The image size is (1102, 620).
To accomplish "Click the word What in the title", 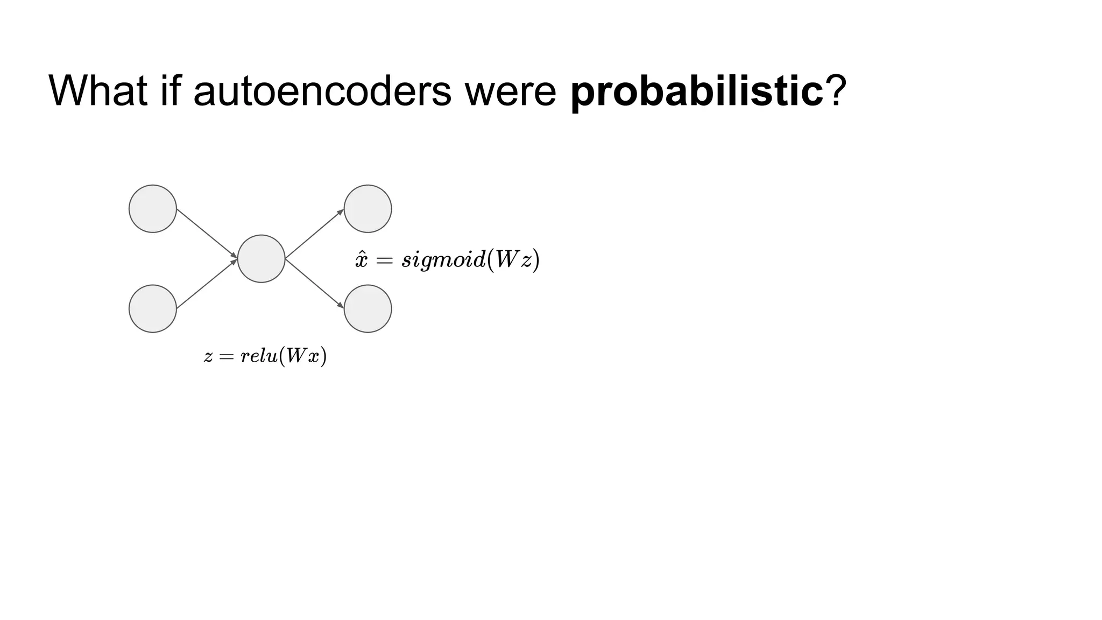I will (x=97, y=91).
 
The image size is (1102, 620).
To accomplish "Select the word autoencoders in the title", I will (x=322, y=91).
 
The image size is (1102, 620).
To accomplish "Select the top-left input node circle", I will (x=153, y=209).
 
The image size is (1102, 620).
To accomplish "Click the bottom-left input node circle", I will (x=153, y=308).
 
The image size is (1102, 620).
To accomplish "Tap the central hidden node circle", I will (x=261, y=258).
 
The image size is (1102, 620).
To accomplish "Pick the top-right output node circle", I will (x=368, y=209).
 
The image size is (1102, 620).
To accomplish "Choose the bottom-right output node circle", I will (x=368, y=308).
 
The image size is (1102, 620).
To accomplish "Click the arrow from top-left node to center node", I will (x=207, y=233).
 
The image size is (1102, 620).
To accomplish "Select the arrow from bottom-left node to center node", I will (x=207, y=284).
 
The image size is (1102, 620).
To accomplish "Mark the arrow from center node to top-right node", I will (x=314, y=234).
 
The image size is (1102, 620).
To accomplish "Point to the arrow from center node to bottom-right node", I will (x=314, y=284).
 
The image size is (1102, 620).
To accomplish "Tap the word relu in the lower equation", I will (x=259, y=356).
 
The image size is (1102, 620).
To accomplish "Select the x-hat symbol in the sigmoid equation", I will (x=361, y=260).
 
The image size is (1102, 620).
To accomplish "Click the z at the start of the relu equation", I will (x=208, y=357).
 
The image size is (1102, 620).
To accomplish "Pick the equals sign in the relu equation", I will (x=227, y=356).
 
